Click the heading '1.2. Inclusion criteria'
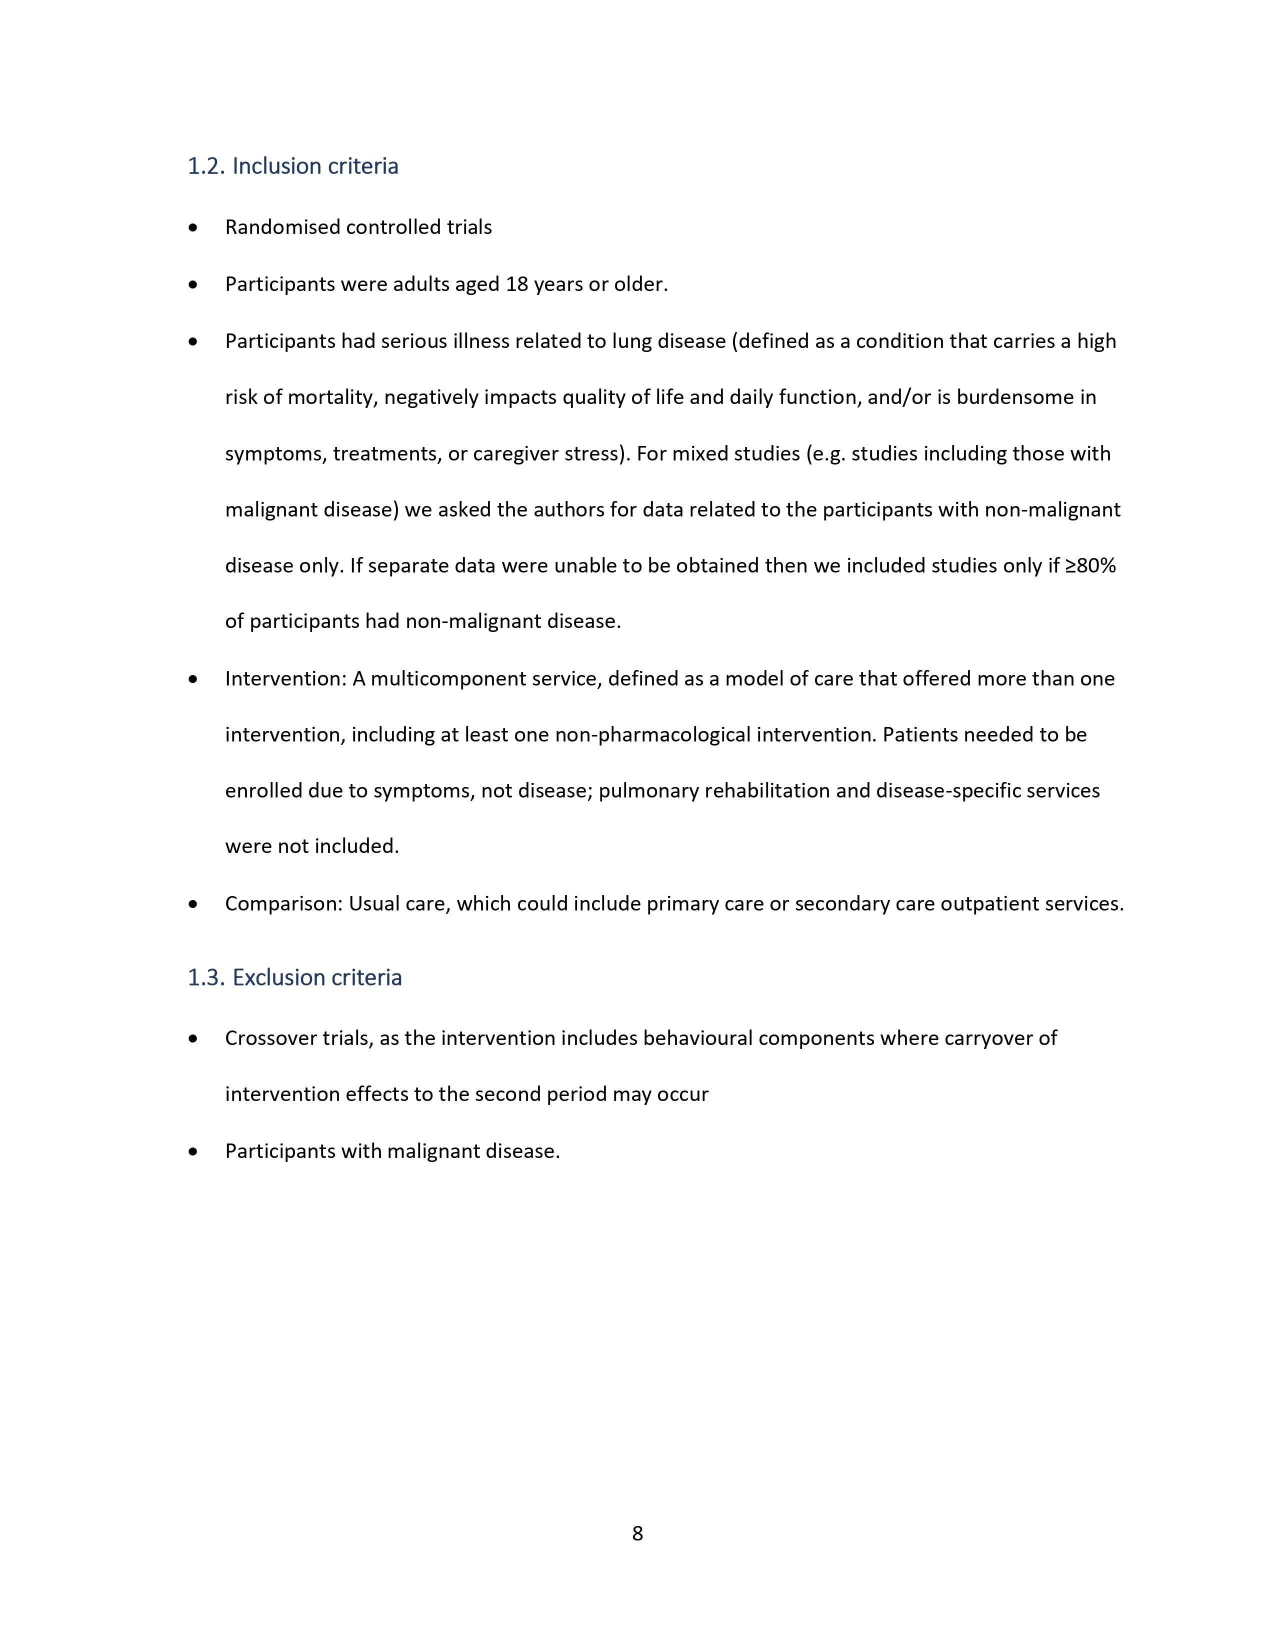click(292, 166)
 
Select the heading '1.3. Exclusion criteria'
click(294, 977)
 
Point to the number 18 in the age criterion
click(516, 285)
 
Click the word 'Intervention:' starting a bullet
click(285, 679)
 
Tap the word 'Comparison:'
click(284, 904)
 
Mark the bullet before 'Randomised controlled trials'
click(193, 227)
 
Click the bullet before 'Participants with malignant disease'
click(193, 1151)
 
